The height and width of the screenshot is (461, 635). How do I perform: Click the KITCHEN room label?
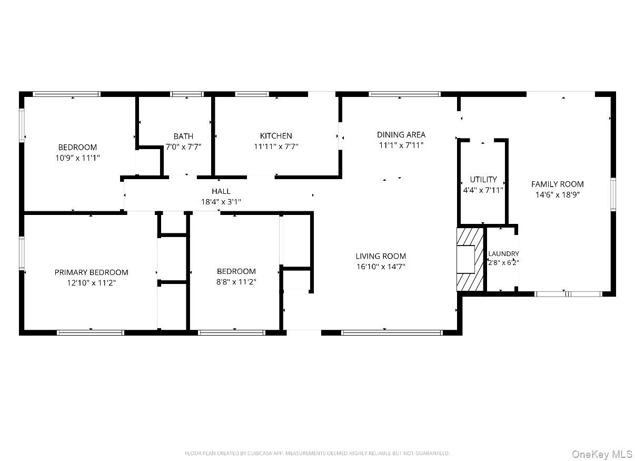(x=276, y=136)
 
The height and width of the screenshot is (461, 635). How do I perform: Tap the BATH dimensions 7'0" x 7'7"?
(x=183, y=146)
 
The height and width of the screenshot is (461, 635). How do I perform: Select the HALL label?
(x=221, y=191)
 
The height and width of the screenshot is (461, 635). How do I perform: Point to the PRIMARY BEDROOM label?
(x=91, y=272)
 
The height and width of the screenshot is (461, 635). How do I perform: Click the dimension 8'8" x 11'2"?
(x=236, y=282)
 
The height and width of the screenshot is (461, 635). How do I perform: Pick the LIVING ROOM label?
(x=381, y=256)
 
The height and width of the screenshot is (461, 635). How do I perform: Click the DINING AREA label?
(x=401, y=135)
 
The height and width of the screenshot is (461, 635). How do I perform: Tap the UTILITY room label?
(x=483, y=179)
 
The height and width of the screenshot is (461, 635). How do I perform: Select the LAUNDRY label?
(x=503, y=253)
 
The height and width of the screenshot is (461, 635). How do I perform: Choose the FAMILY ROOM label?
(x=557, y=184)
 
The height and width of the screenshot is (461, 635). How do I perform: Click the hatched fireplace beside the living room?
(x=470, y=259)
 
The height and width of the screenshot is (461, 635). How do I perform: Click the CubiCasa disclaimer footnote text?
(x=317, y=453)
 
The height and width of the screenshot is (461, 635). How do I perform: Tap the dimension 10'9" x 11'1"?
(x=77, y=158)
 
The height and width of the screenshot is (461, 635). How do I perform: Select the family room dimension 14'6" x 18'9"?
(x=557, y=194)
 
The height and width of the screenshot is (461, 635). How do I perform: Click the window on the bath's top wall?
(x=187, y=94)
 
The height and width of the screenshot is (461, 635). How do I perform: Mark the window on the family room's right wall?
(x=613, y=194)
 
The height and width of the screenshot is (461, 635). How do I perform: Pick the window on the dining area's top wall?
(x=405, y=94)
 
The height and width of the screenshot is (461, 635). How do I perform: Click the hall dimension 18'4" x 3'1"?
(x=221, y=202)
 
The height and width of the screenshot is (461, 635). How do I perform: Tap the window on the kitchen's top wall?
(x=252, y=94)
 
